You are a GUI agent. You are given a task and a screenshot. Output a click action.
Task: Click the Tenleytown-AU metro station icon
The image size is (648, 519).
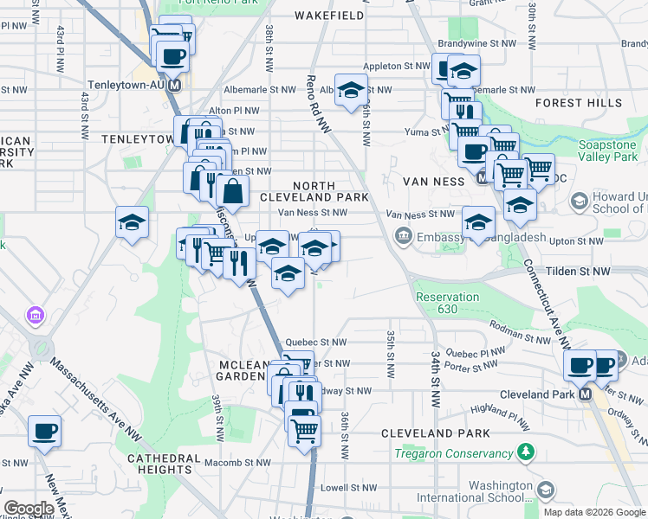tap(175, 86)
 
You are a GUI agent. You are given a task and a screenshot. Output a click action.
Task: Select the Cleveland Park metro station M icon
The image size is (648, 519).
tap(585, 394)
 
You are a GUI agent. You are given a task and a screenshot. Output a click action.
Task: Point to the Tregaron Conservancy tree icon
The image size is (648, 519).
tap(525, 452)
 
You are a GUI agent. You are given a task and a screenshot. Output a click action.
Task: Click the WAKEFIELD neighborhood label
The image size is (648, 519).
tap(328, 16)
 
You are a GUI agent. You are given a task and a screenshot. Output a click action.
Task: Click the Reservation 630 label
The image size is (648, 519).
tap(448, 303)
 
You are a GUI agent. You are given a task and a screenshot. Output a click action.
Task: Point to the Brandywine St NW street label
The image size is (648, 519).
tap(476, 42)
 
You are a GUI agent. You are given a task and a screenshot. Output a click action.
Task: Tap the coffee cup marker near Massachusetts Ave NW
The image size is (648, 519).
tap(44, 430)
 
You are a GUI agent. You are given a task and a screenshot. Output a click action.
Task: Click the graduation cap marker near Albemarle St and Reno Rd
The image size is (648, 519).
tap(351, 90)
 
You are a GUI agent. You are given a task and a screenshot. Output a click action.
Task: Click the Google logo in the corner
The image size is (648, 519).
tap(29, 509)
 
